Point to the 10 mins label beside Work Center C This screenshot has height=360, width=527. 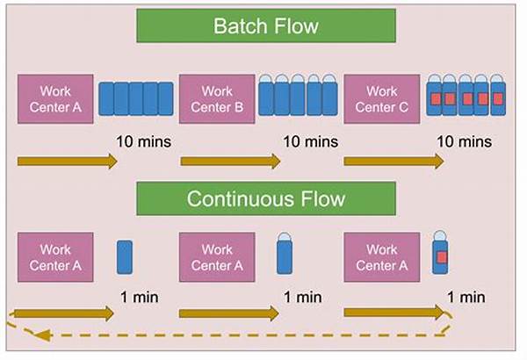464,141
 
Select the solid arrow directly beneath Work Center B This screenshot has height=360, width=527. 230,162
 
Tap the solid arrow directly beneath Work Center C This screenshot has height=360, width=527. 393,162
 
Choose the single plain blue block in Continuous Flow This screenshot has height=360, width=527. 124,256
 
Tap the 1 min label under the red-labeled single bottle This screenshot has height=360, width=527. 466,298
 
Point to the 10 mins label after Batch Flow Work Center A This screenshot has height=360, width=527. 143,141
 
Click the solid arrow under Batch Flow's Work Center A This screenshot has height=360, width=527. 67,162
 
